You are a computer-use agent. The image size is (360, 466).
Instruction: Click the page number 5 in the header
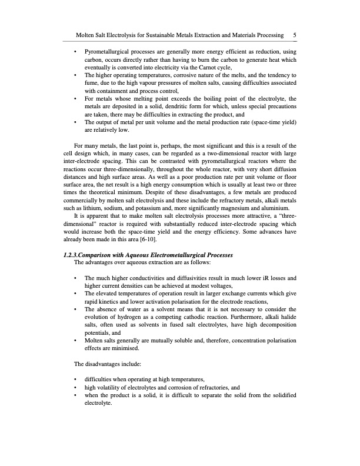294,35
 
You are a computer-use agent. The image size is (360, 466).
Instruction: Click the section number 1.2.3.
75,255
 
